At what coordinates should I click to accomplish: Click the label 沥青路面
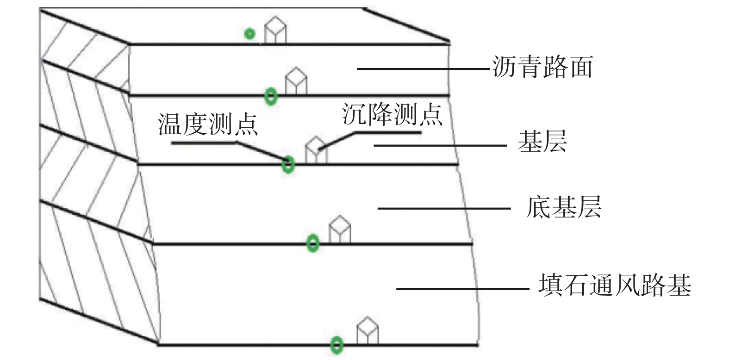click(x=542, y=67)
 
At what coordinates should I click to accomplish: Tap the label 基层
click(x=542, y=141)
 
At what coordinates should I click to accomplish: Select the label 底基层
click(x=564, y=207)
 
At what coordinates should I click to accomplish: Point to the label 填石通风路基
click(x=615, y=286)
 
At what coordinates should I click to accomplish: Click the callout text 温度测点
click(x=208, y=124)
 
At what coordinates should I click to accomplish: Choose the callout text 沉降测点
click(x=392, y=115)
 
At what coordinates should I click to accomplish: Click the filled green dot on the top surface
click(x=249, y=33)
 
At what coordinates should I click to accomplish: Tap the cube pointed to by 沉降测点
click(x=316, y=150)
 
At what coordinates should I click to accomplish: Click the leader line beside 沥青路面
click(x=424, y=68)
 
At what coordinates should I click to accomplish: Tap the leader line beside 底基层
click(x=444, y=208)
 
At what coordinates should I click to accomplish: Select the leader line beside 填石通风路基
click(x=463, y=289)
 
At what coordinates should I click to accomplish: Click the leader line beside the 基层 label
click(x=440, y=145)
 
